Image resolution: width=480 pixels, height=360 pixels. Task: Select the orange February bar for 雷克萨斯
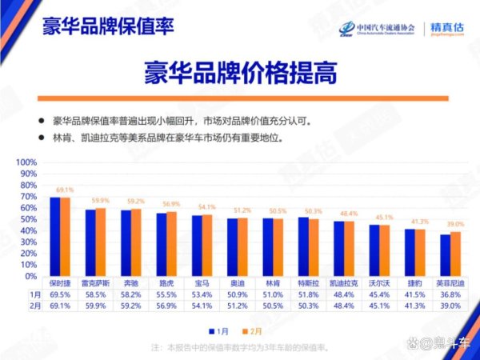(x=101, y=242)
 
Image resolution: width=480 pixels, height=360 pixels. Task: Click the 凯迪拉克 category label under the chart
(x=345, y=283)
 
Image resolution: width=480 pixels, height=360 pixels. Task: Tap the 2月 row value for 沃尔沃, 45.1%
(x=380, y=306)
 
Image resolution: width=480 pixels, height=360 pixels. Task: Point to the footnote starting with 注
(x=240, y=348)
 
